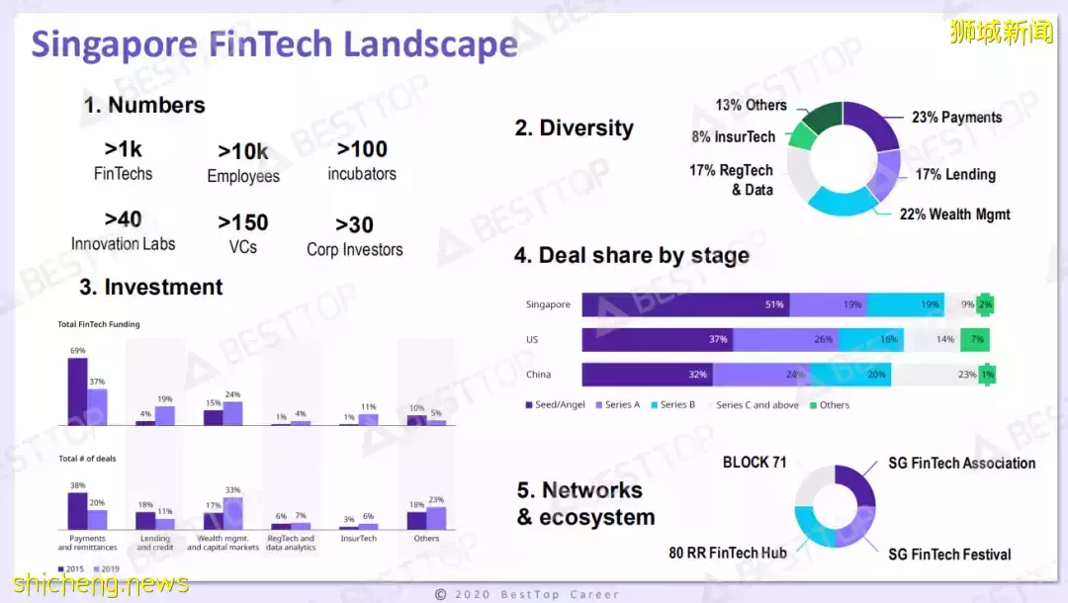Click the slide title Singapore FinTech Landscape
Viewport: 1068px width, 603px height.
click(x=274, y=44)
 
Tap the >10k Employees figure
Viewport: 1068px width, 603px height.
click(x=243, y=163)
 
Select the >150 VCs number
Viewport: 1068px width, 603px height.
click(x=243, y=233)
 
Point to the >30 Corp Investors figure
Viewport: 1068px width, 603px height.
click(x=354, y=236)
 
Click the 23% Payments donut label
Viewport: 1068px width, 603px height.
click(x=956, y=117)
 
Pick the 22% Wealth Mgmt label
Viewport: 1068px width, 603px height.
click(x=954, y=214)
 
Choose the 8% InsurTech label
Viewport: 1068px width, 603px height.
click(x=733, y=137)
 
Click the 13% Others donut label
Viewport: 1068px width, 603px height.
click(x=751, y=105)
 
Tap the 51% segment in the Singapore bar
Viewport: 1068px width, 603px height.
click(x=686, y=304)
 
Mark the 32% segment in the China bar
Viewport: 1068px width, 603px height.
click(x=648, y=375)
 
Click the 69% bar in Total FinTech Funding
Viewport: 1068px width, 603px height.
click(x=77, y=391)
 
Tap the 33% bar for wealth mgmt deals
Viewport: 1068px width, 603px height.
click(x=233, y=513)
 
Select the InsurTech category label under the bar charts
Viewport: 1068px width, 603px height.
click(x=358, y=539)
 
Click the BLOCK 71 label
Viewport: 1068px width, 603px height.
click(x=754, y=463)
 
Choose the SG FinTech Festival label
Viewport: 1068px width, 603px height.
click(x=949, y=554)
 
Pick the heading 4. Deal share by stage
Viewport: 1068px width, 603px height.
click(x=632, y=255)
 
